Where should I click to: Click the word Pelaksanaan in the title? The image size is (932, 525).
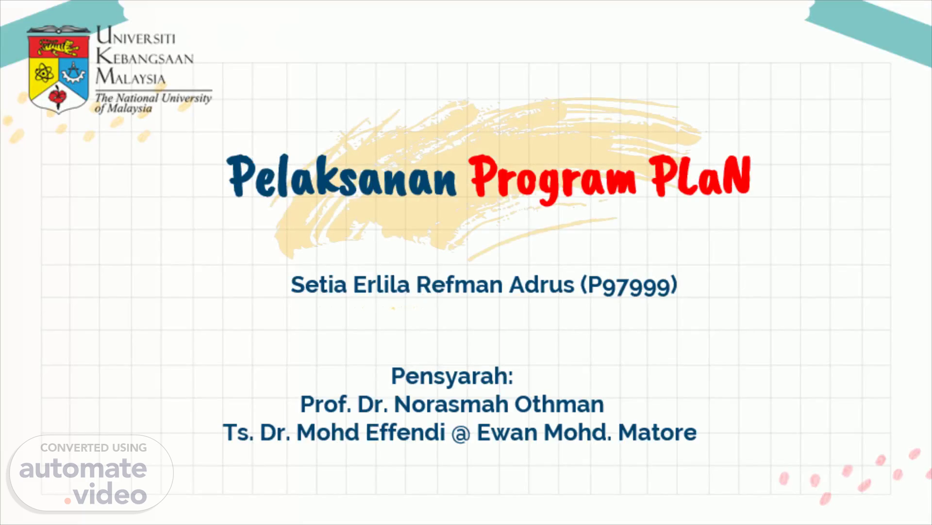[342, 176]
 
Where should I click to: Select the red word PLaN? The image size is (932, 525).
[701, 176]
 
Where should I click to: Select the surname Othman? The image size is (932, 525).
[559, 404]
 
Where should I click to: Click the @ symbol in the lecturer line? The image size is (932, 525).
[461, 433]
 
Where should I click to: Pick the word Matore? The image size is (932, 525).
[657, 432]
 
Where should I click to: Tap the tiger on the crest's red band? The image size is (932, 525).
[59, 48]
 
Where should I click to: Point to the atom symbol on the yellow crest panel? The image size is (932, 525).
[44, 74]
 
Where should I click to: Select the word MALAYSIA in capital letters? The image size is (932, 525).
[131, 77]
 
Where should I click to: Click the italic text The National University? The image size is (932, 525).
[153, 98]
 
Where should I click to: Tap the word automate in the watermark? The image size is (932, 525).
[83, 469]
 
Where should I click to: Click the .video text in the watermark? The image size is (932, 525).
[105, 495]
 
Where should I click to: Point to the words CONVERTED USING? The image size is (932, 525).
[94, 448]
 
